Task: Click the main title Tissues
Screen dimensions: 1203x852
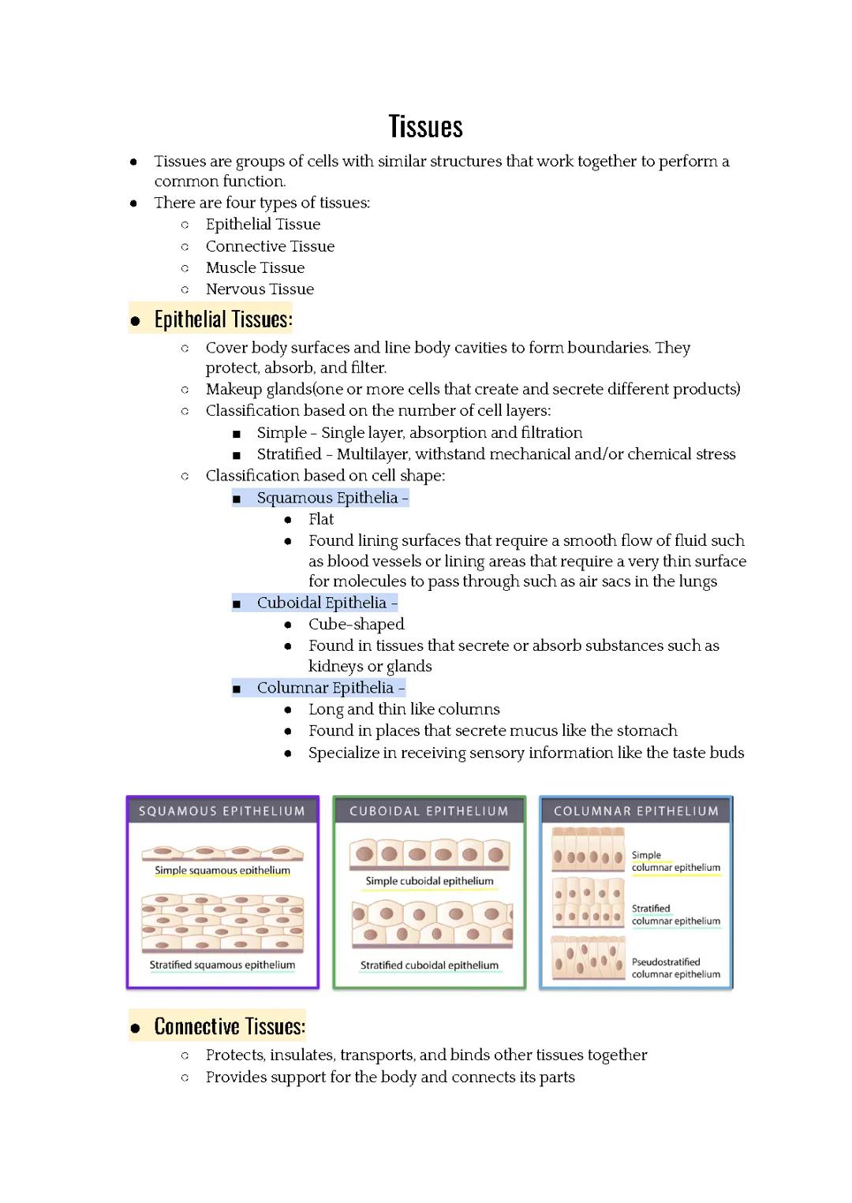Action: [425, 127]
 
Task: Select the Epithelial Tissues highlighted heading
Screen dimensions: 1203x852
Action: [223, 319]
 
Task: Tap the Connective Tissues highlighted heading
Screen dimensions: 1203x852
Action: [230, 1026]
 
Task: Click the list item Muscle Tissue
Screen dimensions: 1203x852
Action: [255, 268]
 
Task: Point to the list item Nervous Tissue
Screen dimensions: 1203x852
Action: [260, 290]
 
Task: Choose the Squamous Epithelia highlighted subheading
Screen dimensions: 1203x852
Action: [327, 498]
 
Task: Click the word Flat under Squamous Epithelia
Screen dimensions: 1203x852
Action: [321, 519]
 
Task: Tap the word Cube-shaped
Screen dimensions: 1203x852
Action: [356, 624]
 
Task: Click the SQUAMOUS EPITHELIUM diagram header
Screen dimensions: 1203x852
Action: [222, 811]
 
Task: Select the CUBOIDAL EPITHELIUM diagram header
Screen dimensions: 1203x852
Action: [429, 811]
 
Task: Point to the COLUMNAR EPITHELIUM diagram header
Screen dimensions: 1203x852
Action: [636, 811]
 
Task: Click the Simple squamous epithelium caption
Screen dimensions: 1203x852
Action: [222, 871]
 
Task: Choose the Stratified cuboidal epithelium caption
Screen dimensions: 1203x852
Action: [429, 966]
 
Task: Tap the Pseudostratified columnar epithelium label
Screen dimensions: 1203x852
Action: [675, 968]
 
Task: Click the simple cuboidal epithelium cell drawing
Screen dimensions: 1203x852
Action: [429, 854]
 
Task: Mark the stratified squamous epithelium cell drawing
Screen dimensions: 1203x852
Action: [222, 923]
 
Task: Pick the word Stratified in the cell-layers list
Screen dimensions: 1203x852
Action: [289, 454]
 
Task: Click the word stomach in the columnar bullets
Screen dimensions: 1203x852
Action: [647, 730]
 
